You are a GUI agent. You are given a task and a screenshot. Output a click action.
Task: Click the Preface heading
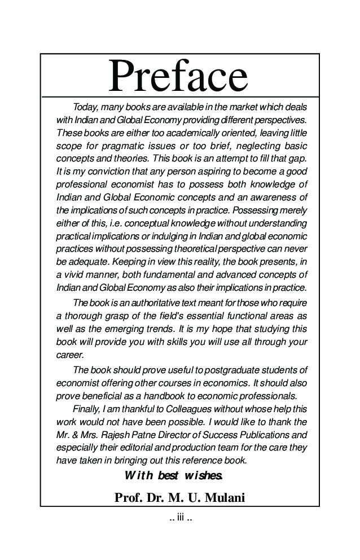pos(178,76)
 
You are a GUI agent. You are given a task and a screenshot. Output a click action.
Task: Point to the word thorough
pos(84,315)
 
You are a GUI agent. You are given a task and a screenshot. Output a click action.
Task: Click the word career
pos(69,355)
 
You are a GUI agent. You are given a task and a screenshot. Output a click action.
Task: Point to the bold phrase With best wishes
pos(174,475)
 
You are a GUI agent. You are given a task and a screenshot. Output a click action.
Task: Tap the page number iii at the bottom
pos(181,517)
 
